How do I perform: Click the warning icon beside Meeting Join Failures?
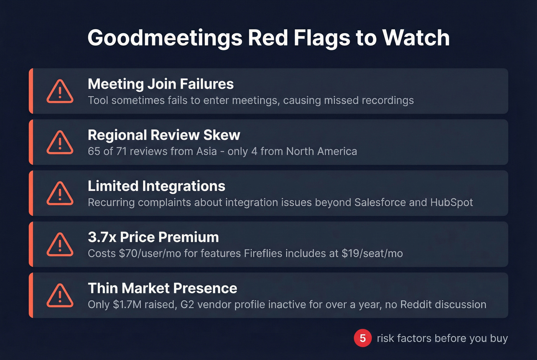[60, 92]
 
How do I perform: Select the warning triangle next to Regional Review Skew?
[60, 143]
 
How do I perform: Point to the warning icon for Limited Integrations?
[60, 194]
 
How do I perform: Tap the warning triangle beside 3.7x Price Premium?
[60, 245]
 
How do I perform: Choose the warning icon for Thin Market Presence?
[60, 296]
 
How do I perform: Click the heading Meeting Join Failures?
[160, 84]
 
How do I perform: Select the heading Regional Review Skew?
[164, 135]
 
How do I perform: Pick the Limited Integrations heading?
[156, 186]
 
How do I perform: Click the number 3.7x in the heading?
[102, 237]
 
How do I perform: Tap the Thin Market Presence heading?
[162, 288]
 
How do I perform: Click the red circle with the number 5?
[362, 338]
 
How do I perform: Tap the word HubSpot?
[451, 202]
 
